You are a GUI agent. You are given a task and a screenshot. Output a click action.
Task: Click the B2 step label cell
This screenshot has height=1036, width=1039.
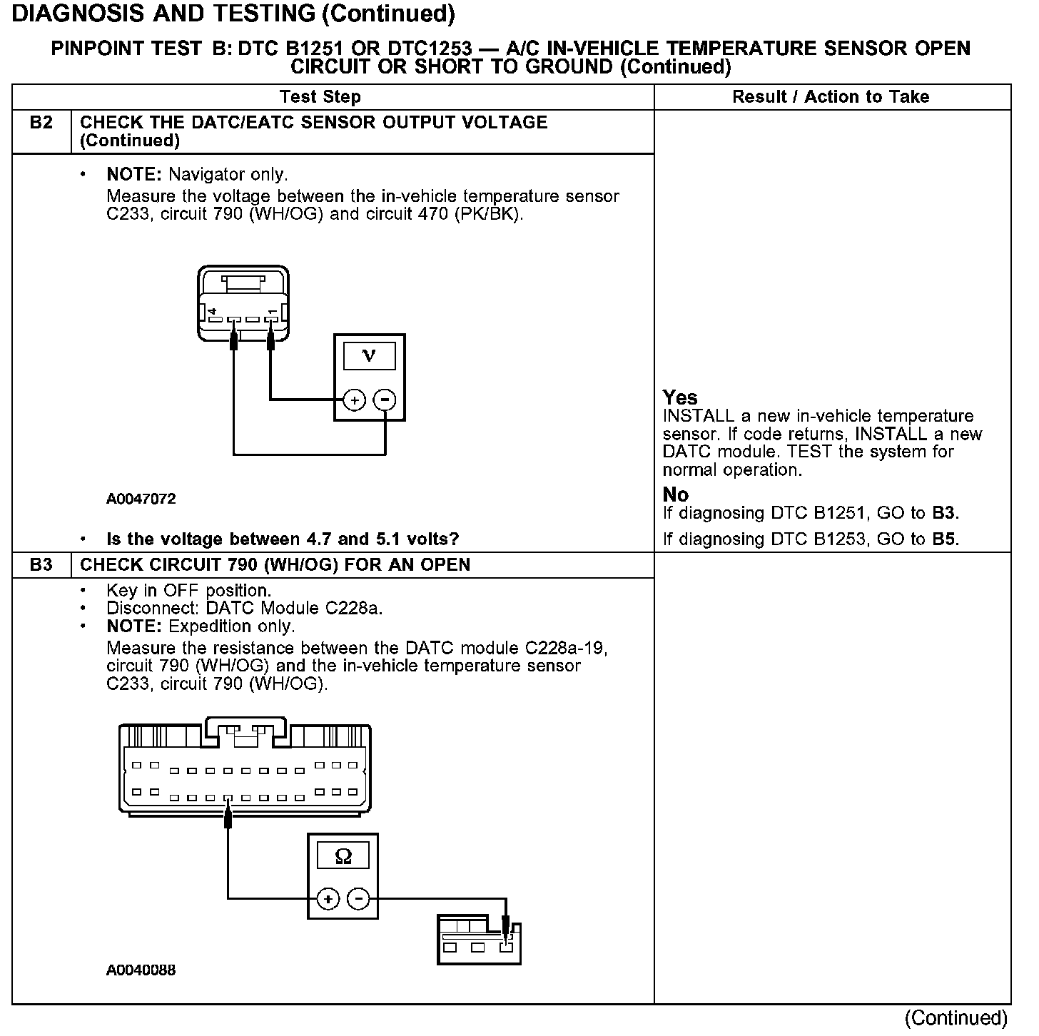41,123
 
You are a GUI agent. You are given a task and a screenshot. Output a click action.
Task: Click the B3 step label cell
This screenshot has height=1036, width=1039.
41,565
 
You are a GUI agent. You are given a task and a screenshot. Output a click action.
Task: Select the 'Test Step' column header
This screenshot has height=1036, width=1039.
320,97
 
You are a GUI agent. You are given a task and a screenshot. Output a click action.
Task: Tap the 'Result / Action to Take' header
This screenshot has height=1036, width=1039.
831,97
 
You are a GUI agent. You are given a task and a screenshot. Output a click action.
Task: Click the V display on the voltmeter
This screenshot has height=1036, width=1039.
369,355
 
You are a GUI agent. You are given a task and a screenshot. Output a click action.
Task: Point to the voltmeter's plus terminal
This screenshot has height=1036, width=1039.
355,400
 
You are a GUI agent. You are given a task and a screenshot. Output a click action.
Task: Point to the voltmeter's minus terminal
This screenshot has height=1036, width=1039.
385,400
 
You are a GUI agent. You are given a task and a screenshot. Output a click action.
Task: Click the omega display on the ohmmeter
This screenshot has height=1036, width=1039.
343,856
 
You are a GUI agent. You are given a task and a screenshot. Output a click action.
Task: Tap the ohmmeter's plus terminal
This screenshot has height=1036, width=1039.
328,899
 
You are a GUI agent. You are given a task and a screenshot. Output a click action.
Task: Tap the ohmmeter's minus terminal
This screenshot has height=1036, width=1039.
358,899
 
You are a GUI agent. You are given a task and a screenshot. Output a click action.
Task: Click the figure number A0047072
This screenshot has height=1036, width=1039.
141,499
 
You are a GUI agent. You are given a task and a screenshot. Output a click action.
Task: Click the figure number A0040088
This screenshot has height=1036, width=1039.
141,970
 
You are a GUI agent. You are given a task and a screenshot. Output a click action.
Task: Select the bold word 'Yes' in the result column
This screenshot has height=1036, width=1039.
679,397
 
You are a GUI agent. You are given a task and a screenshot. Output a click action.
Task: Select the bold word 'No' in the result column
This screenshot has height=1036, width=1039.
675,494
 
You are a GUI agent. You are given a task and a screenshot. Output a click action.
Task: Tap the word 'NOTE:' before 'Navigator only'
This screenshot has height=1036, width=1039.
134,174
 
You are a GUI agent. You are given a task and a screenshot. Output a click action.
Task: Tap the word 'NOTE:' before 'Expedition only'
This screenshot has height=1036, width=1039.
134,626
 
